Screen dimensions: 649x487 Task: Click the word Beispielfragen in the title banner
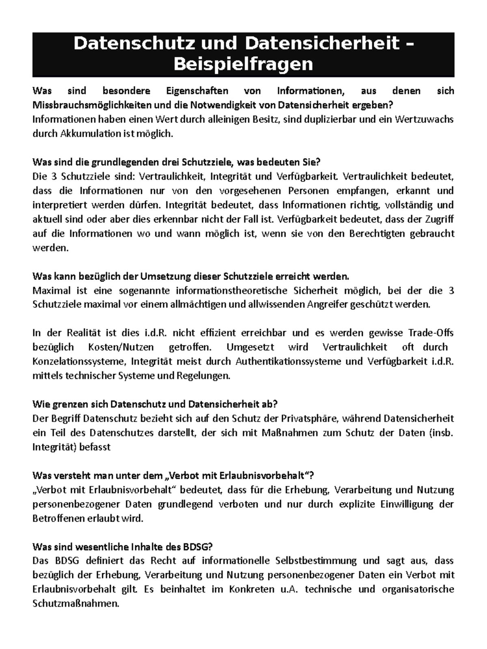(243, 64)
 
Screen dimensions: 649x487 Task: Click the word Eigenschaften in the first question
(197, 91)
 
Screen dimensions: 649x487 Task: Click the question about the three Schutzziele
(176, 162)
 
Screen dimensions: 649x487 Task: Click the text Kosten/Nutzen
(121, 347)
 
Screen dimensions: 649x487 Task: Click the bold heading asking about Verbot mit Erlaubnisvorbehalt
(173, 475)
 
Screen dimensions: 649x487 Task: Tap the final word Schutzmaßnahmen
(76, 604)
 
